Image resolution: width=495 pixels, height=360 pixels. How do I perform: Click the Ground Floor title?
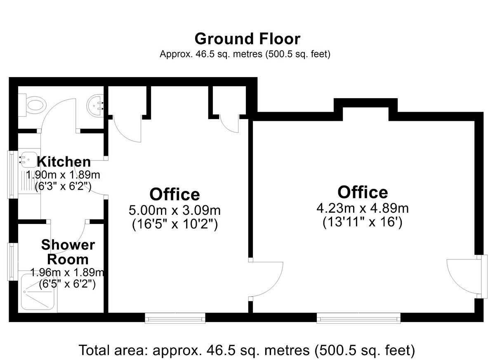pos(247,39)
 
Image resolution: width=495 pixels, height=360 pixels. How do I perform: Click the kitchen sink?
pos(27,160)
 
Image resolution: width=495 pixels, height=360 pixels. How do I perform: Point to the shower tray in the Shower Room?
pos(38,292)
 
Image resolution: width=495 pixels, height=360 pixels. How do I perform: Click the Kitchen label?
pos(64,162)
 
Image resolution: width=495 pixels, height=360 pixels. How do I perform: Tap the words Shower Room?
pos(68,252)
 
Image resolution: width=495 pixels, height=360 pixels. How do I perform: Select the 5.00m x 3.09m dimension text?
pos(174,210)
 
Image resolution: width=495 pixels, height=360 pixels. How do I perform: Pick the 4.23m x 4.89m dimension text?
pos(363,208)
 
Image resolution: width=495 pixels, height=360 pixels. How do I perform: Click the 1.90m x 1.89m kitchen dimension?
pos(63,175)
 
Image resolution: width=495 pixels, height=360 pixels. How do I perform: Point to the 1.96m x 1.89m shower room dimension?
pos(67,272)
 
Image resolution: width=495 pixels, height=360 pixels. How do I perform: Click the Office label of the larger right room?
pos(363,192)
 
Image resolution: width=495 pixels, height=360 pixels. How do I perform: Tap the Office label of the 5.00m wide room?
pos(174,194)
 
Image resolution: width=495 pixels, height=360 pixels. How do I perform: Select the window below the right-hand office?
pos(358,318)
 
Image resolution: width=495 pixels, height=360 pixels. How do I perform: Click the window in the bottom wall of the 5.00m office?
pos(175,318)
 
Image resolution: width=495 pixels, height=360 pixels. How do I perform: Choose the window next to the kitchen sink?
pos(13,174)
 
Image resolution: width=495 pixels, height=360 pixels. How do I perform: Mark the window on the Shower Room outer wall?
pos(13,262)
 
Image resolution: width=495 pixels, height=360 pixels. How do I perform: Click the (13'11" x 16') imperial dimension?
pos(363,222)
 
